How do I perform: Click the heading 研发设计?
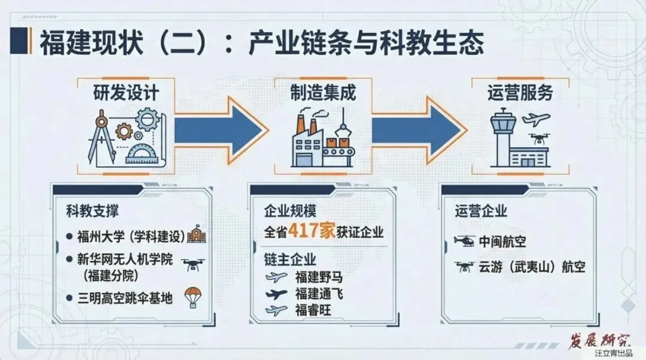click(126, 93)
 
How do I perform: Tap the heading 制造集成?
click(323, 93)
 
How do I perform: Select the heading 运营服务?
click(520, 93)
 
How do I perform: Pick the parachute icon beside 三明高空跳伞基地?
click(194, 295)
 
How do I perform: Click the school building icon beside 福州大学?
click(196, 235)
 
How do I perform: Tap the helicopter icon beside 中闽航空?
click(464, 242)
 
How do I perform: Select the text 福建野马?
click(319, 277)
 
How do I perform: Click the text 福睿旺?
click(313, 310)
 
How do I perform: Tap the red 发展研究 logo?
click(597, 341)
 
